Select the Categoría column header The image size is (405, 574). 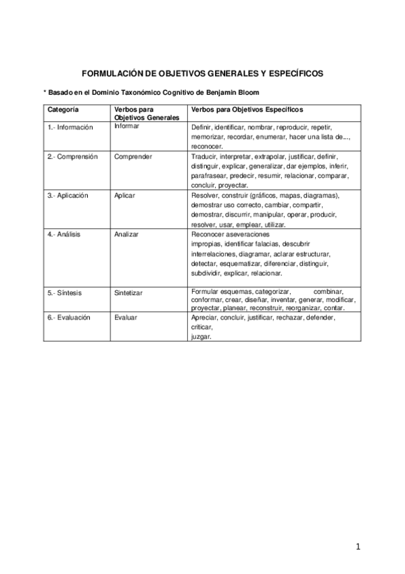(63, 109)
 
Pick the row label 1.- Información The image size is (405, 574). (70, 127)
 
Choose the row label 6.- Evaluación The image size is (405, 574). (69, 317)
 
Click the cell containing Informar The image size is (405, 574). (128, 126)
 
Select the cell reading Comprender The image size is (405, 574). (133, 156)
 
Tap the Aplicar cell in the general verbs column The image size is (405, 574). (125, 195)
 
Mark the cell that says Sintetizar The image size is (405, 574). (130, 292)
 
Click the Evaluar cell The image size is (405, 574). (126, 317)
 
